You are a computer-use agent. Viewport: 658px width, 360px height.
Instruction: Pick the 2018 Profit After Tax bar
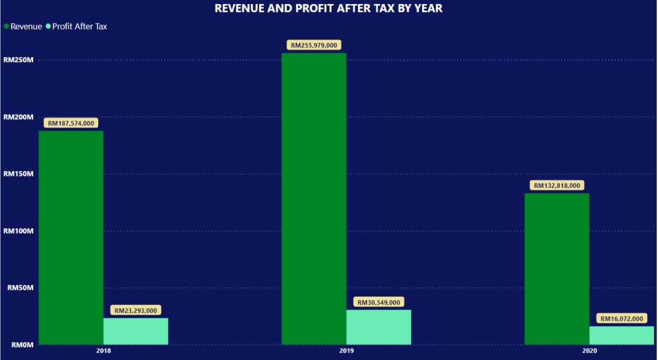(136, 331)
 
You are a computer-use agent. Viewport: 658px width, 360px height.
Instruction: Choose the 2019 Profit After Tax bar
(379, 327)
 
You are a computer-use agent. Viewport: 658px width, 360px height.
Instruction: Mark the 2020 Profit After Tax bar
(622, 335)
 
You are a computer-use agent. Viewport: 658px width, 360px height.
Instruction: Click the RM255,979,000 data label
(314, 45)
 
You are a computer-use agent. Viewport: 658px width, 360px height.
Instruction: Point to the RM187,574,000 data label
(71, 123)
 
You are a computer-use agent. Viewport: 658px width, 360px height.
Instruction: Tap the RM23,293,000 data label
(136, 311)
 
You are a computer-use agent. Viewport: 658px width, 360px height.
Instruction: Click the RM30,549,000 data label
(379, 302)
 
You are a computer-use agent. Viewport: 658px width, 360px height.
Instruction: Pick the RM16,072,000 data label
(622, 319)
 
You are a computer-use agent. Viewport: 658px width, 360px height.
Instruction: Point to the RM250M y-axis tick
(19, 60)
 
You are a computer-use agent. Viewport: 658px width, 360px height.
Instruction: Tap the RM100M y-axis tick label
(19, 231)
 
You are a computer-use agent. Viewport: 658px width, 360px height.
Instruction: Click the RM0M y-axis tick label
(22, 345)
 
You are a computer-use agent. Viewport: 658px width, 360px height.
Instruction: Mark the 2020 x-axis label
(589, 352)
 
